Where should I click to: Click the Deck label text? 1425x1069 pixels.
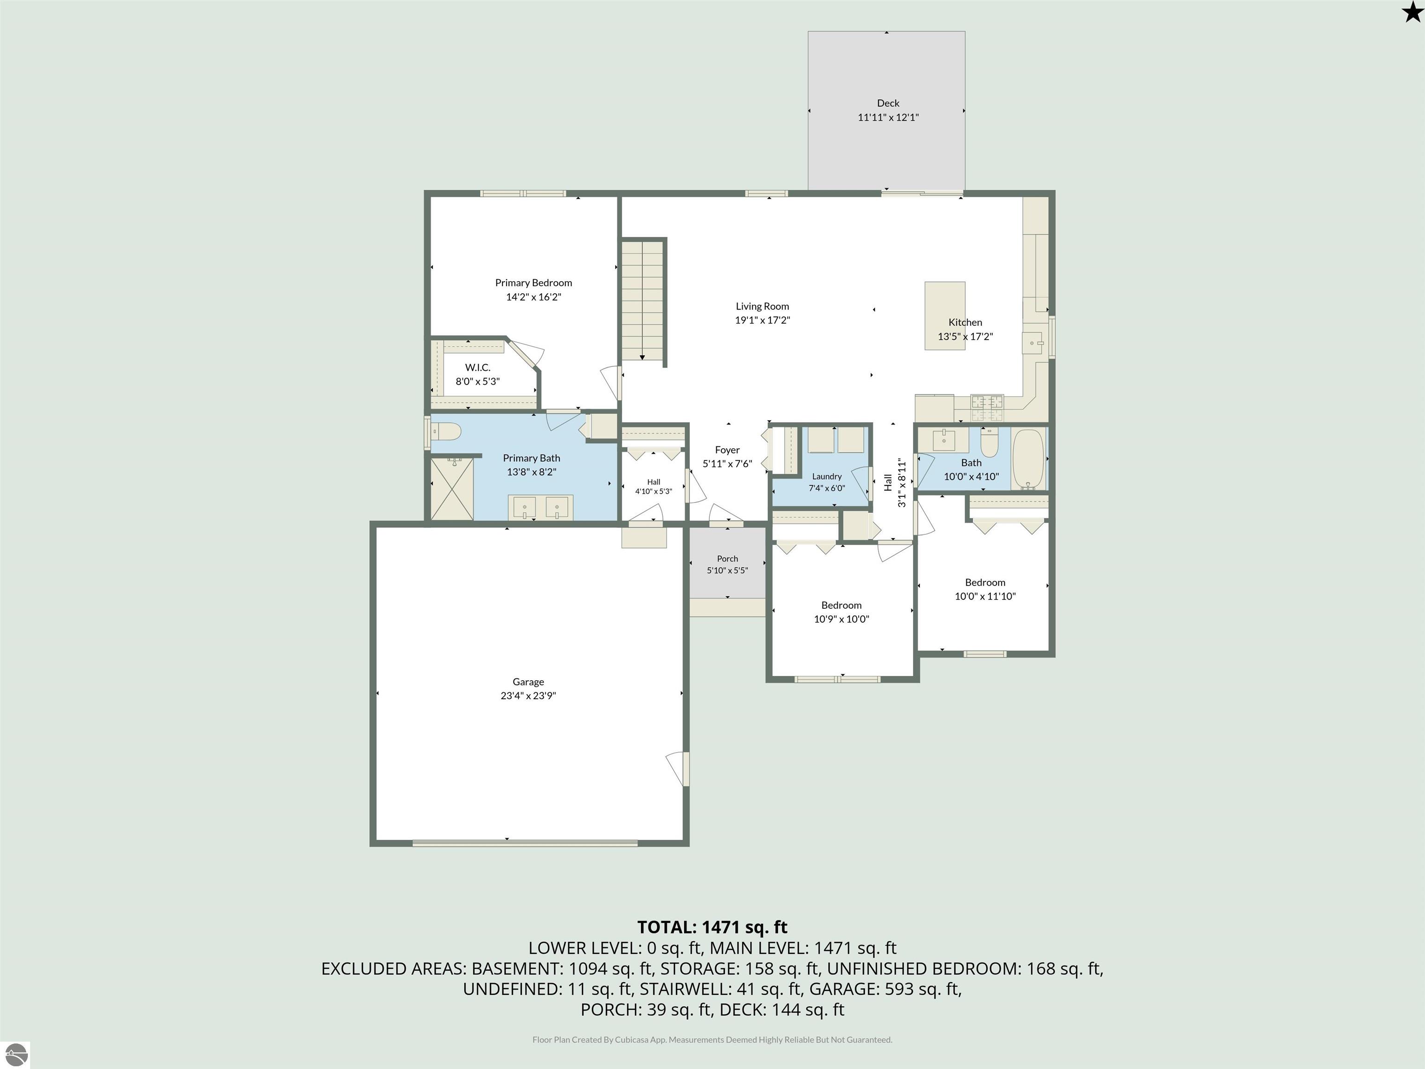888,103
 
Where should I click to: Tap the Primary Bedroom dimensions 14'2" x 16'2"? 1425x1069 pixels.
533,297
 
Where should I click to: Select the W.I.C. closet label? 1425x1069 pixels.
477,367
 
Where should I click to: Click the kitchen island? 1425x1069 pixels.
944,316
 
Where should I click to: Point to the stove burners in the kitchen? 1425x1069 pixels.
987,402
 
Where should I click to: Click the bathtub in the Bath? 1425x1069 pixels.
1028,459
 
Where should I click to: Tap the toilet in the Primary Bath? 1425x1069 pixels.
444,431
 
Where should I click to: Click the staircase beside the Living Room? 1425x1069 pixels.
643,301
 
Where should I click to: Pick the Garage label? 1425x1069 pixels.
528,682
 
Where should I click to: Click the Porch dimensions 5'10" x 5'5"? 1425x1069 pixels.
727,570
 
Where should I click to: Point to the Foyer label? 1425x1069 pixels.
727,450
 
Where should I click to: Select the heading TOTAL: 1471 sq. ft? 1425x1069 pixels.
712,927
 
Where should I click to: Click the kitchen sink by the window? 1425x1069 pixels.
1032,341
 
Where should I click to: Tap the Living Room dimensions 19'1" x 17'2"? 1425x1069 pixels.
762,320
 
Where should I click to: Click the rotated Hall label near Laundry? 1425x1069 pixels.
888,483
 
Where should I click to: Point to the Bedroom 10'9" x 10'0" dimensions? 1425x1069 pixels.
841,619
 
